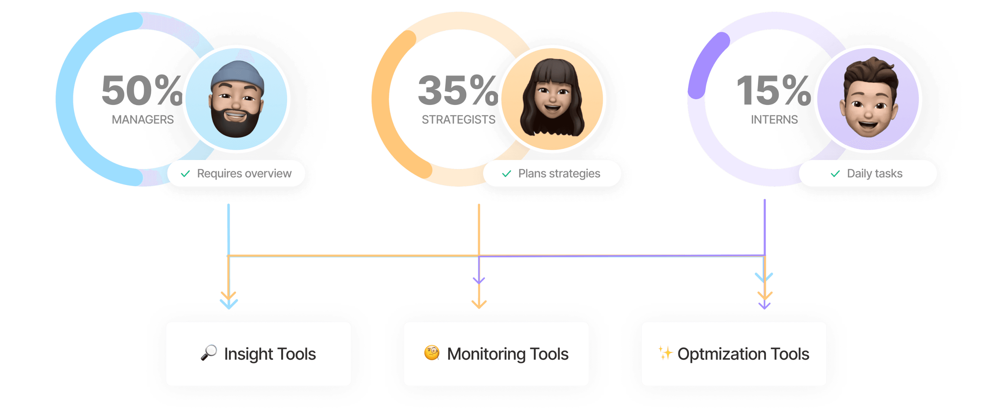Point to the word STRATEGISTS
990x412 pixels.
458,120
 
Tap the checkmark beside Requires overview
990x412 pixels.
185,174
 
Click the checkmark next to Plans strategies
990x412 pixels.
507,174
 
